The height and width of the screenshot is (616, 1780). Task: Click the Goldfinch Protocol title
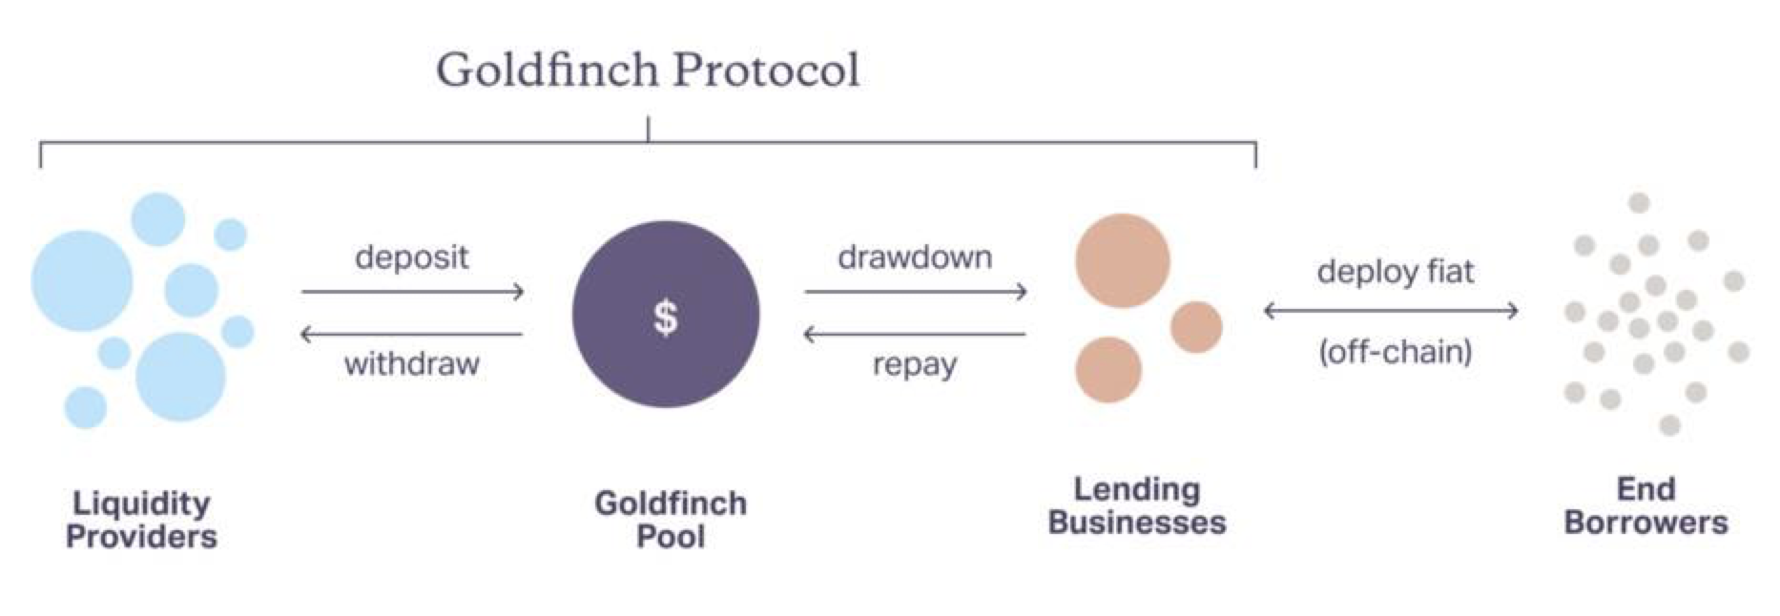tap(648, 70)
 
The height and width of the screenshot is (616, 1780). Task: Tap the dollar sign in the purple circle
tap(666, 318)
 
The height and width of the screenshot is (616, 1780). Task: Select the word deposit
tap(412, 257)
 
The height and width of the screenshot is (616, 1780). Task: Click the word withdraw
tap(412, 363)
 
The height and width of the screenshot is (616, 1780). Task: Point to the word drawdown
tap(915, 257)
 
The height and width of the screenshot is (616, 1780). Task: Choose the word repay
tap(915, 365)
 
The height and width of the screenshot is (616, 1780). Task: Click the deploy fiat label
tap(1396, 273)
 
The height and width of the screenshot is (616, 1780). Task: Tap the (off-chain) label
tap(1396, 352)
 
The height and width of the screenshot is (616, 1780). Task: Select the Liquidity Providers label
tap(141, 520)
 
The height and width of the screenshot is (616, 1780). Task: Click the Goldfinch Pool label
tap(671, 520)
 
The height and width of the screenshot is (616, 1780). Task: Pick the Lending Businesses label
tap(1137, 505)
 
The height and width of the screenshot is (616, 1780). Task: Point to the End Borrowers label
tap(1646, 505)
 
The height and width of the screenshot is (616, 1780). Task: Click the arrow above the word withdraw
tap(412, 335)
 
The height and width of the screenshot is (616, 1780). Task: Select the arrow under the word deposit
tap(412, 292)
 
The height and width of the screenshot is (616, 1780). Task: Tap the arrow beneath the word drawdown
tap(915, 292)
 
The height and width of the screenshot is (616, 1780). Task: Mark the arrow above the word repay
tap(915, 335)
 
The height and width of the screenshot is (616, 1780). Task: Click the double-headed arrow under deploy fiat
tap(1391, 311)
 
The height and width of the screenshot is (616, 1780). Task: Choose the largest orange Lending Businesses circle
tap(1123, 260)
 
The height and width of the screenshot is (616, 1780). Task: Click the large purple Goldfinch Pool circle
tap(666, 315)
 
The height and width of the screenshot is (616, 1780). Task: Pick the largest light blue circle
tap(82, 281)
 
